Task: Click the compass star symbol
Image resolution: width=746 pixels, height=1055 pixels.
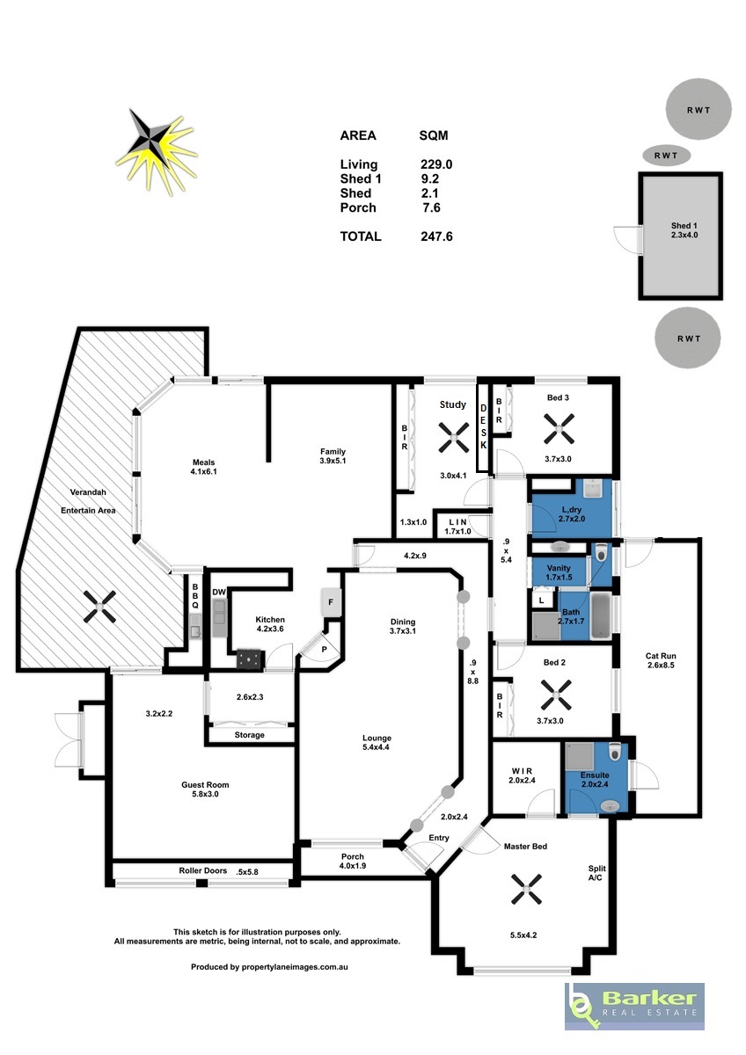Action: click(156, 151)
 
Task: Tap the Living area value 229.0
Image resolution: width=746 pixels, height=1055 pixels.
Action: click(436, 164)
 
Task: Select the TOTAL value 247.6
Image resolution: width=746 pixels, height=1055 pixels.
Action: click(436, 236)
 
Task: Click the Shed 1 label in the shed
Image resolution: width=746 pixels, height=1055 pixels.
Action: click(684, 226)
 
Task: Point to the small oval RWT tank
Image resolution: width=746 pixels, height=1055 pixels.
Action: click(666, 156)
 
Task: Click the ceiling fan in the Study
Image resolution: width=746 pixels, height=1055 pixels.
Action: click(454, 438)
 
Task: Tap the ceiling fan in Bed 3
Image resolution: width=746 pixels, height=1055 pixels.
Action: click(559, 429)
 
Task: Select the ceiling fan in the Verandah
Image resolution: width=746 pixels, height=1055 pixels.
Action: click(100, 608)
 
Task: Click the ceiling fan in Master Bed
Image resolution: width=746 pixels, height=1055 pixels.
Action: click(526, 890)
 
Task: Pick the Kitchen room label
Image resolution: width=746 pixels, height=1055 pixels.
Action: click(270, 619)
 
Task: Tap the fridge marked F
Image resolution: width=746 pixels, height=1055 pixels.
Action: click(331, 602)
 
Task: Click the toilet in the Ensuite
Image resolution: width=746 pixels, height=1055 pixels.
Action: click(615, 751)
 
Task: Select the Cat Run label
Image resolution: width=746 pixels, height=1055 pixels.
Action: click(661, 656)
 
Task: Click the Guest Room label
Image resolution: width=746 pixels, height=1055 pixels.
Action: click(205, 784)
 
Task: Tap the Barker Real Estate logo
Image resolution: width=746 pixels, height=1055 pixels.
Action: click(634, 1006)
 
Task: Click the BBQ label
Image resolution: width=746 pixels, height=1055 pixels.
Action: click(195, 596)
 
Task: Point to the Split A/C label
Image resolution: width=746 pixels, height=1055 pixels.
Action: click(596, 873)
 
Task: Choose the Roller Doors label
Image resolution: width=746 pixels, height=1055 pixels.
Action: click(202, 870)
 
